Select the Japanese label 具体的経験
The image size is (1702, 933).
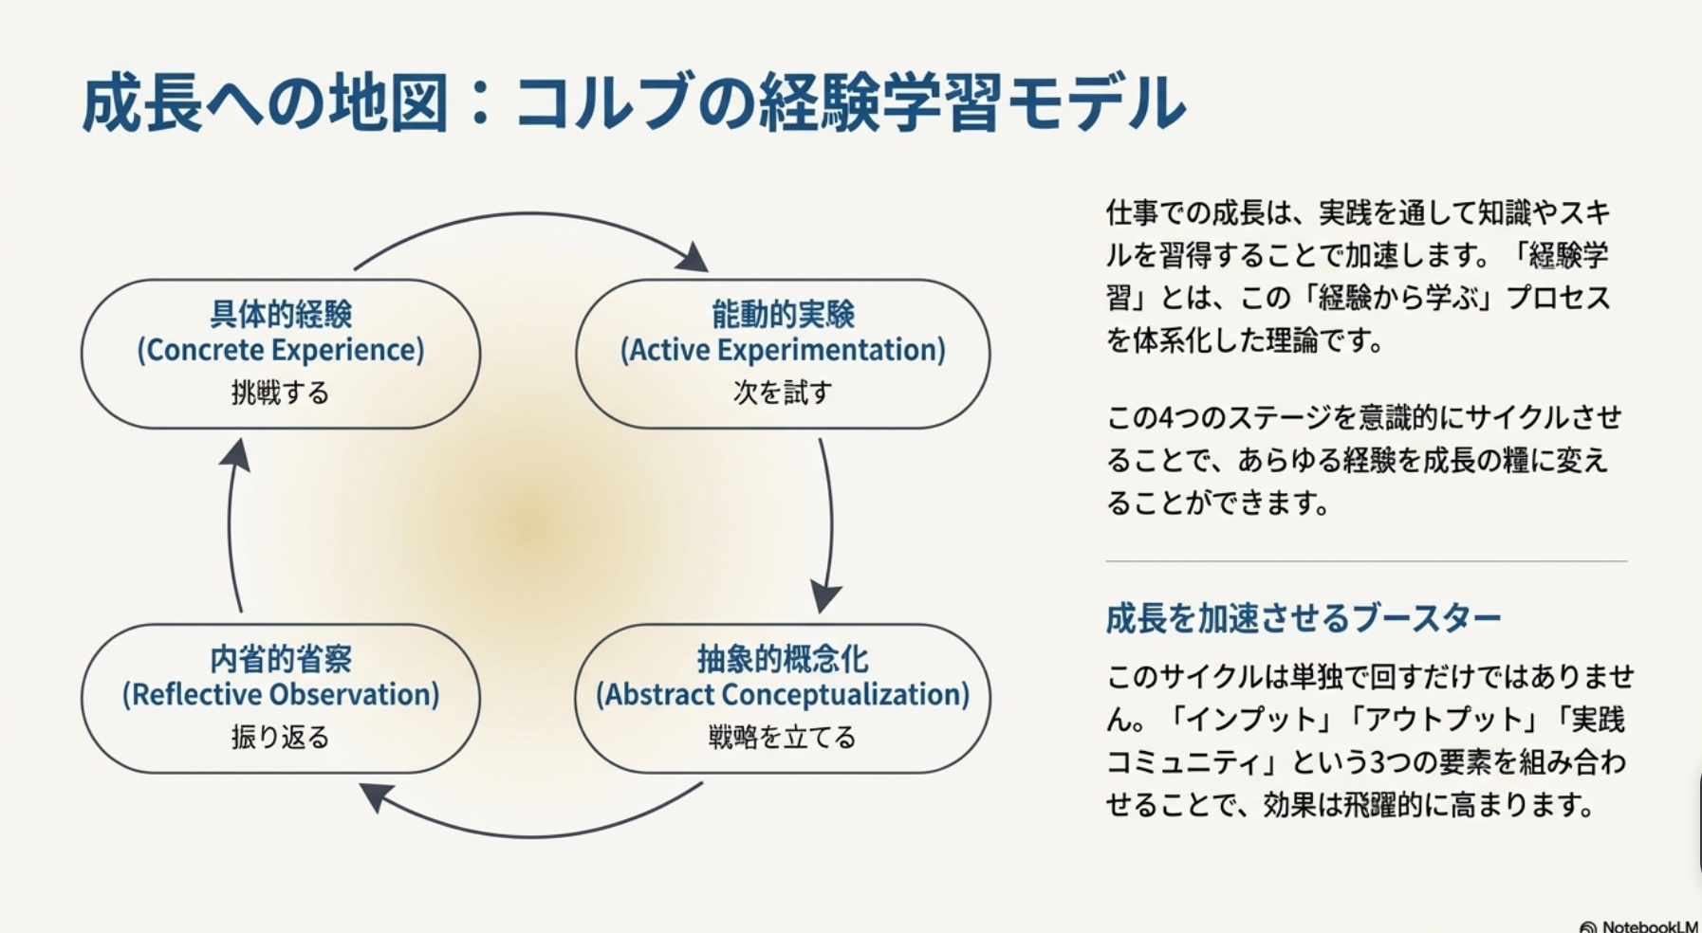[x=280, y=314]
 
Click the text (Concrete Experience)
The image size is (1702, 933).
[x=280, y=350]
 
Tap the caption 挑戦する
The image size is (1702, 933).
[x=280, y=393]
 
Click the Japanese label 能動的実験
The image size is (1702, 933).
[x=783, y=314]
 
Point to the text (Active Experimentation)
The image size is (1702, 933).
[x=783, y=350]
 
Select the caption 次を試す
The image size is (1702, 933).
[x=783, y=393]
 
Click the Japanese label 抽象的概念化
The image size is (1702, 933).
[x=783, y=658]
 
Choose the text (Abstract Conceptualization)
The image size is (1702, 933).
[x=783, y=694]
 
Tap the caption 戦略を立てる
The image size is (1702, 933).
[x=783, y=737]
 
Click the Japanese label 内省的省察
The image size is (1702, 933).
[x=280, y=658]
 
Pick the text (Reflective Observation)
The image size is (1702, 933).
[x=280, y=694]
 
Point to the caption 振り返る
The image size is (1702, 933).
[x=280, y=737]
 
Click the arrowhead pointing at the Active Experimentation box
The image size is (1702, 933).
[x=695, y=258]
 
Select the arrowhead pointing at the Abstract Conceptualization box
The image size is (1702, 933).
[x=824, y=597]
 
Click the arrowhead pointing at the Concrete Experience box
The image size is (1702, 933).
[x=237, y=454]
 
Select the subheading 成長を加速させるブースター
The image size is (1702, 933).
[x=1303, y=618]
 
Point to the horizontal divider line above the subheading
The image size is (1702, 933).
[x=1366, y=561]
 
